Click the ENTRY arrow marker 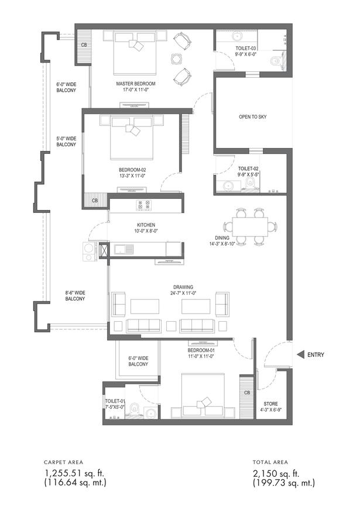(300, 355)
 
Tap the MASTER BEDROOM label (136, 84)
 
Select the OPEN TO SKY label (252, 116)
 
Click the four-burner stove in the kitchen (144, 205)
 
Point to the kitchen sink (124, 250)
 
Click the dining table (250, 226)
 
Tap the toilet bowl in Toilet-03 (276, 61)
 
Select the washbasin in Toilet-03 (236, 36)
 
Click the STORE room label (270, 404)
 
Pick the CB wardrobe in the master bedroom (84, 47)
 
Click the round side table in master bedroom (177, 59)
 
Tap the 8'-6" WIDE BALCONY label (75, 295)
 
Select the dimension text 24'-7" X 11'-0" (183, 293)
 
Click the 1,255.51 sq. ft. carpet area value (74, 473)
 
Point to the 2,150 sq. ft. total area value (276, 473)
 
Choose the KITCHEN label (146, 225)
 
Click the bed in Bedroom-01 (203, 395)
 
